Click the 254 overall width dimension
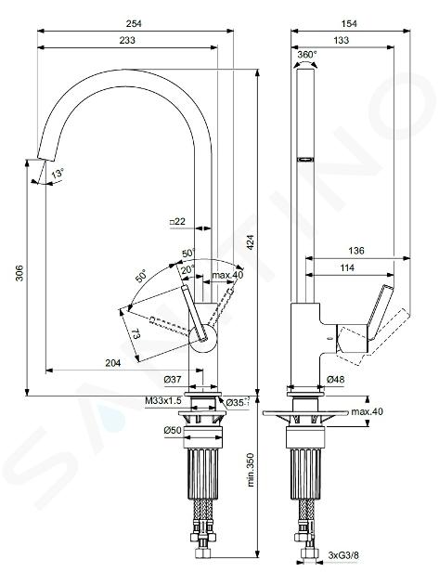(x=134, y=23)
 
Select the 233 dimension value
(x=127, y=40)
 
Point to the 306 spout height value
(x=19, y=273)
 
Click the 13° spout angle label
(x=58, y=174)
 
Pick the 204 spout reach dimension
(x=113, y=363)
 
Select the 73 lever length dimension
(x=135, y=333)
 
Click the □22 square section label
(x=177, y=221)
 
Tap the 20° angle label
(x=187, y=269)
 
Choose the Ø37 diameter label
(x=173, y=380)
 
